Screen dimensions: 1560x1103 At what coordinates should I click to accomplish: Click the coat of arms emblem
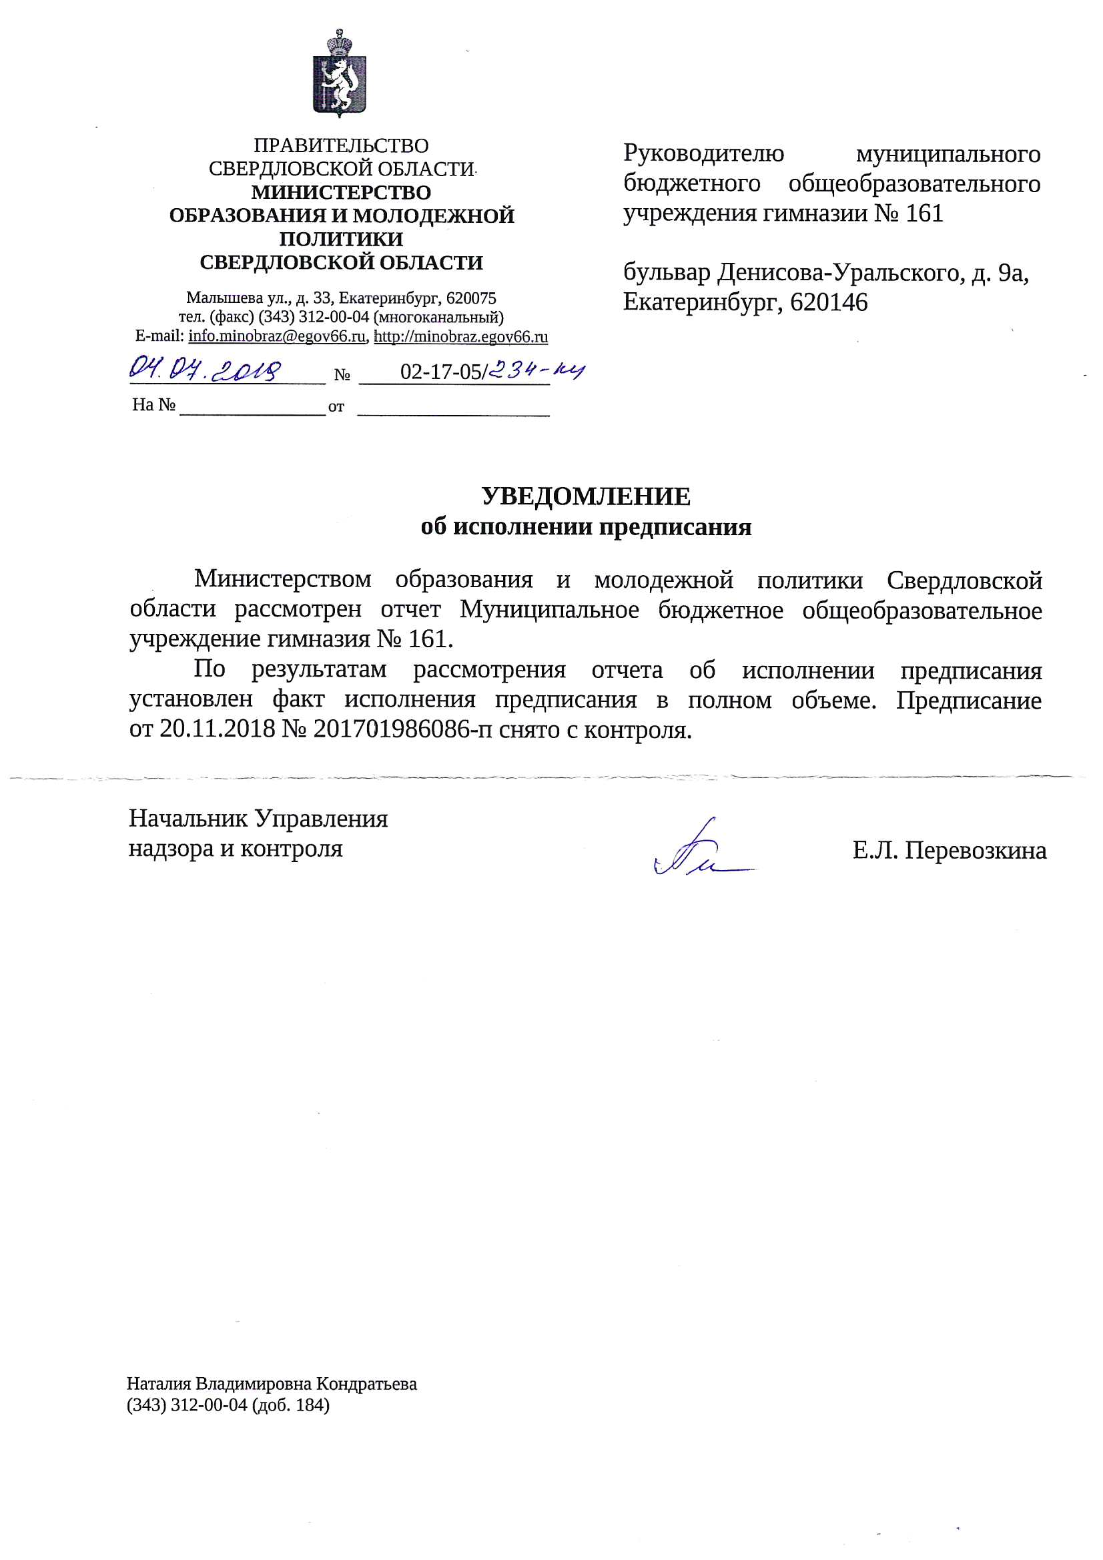click(x=339, y=74)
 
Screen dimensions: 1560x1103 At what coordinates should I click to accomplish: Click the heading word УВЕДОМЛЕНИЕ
click(x=586, y=496)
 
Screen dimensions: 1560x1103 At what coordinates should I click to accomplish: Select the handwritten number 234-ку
click(x=537, y=370)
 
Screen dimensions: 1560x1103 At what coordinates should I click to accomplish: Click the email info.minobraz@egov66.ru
click(x=278, y=336)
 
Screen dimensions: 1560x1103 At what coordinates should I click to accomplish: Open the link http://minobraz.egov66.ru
click(x=461, y=336)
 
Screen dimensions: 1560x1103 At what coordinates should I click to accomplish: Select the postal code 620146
click(x=829, y=302)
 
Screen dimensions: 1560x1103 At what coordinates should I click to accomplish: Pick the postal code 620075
click(x=471, y=298)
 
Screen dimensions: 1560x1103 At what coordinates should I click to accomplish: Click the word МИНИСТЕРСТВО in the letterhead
click(x=341, y=192)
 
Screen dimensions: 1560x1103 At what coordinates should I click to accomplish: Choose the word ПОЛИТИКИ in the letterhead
click(x=341, y=239)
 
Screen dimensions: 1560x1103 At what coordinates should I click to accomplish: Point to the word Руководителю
click(x=703, y=153)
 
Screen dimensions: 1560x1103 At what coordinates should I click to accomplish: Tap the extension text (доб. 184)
click(x=290, y=1405)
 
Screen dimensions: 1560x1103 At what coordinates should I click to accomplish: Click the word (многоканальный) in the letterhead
click(x=438, y=318)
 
